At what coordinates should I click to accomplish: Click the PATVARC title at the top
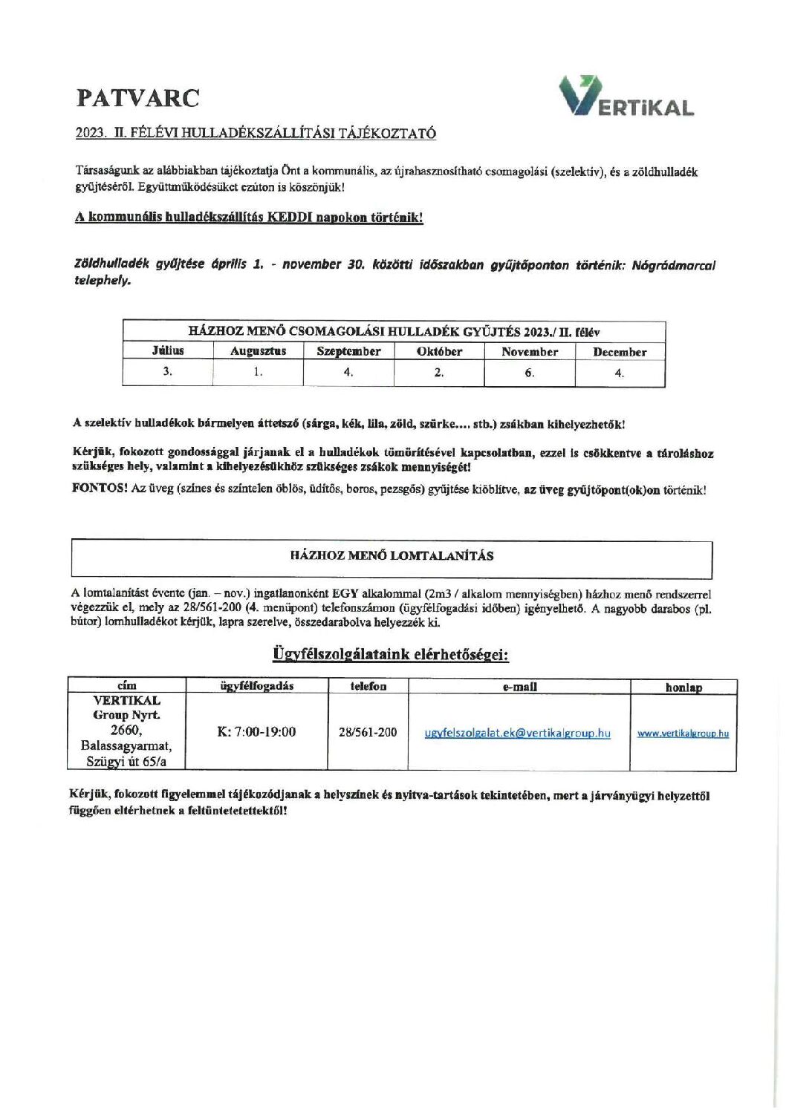click(137, 98)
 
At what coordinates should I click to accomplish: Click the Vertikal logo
click(626, 98)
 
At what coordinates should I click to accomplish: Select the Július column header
click(168, 351)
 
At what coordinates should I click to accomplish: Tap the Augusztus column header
click(258, 352)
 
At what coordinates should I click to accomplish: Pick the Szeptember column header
click(348, 352)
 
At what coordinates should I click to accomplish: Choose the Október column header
click(439, 352)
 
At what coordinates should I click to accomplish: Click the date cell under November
click(529, 373)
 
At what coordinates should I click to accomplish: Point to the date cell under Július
click(168, 372)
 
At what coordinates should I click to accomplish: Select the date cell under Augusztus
click(258, 372)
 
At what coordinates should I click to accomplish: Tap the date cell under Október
click(439, 373)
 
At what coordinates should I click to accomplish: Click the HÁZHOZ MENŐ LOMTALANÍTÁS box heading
click(392, 555)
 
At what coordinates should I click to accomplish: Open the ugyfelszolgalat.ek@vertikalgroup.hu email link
click(517, 734)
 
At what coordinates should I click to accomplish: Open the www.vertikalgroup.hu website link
click(683, 734)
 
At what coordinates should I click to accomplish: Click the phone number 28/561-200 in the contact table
click(368, 732)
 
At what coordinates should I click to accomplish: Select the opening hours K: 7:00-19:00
click(256, 732)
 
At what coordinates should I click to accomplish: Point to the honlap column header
click(683, 688)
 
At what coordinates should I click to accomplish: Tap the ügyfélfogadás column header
click(257, 686)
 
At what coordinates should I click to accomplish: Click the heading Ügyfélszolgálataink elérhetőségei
click(390, 655)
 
